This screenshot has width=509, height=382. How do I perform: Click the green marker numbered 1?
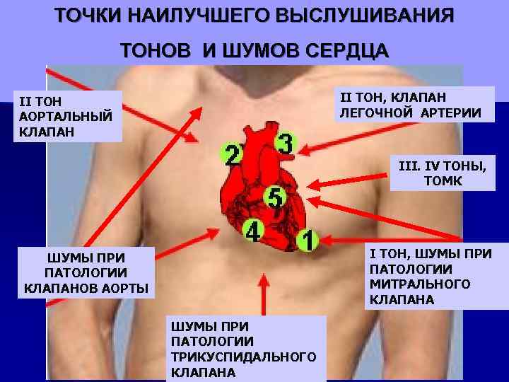306,240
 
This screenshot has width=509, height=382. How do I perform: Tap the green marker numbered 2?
231,154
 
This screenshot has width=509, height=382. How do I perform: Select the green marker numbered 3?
284,144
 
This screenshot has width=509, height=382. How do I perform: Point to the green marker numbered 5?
275,196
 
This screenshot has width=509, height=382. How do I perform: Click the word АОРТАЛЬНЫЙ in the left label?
62,117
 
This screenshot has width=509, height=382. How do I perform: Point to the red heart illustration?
265,191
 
